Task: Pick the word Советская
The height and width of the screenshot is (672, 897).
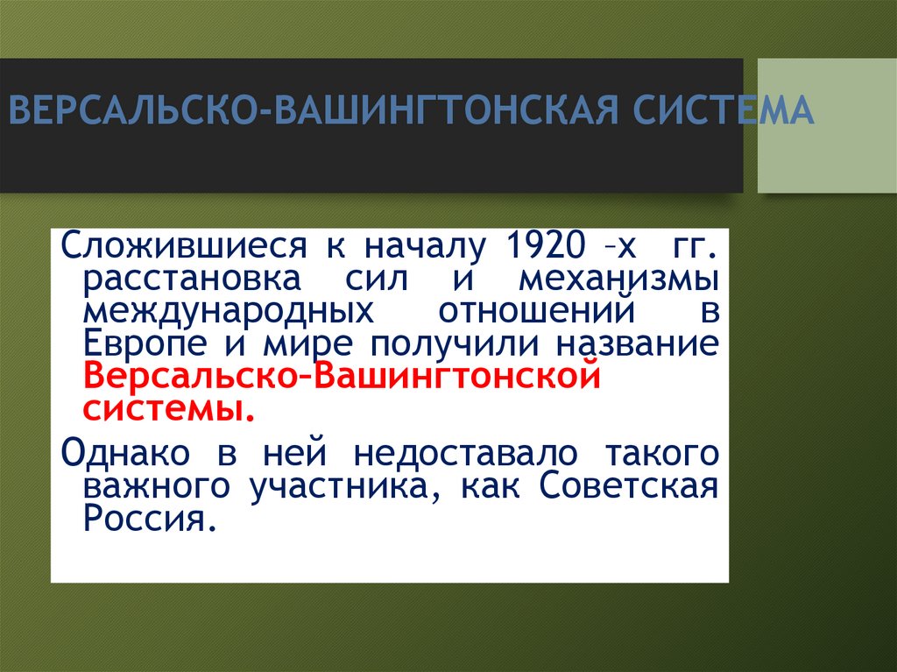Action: click(628, 486)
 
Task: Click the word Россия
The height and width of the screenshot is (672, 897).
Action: click(149, 519)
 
